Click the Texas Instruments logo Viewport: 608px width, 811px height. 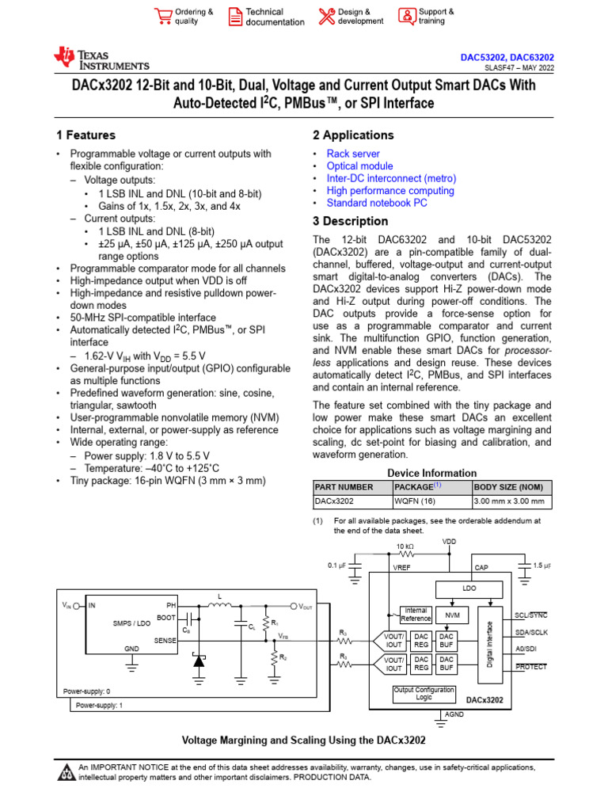(x=101, y=59)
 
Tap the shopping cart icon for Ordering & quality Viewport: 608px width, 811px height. (x=163, y=17)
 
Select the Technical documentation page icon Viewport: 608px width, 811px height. (x=235, y=17)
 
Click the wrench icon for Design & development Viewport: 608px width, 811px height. (x=326, y=17)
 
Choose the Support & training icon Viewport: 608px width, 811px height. (x=406, y=17)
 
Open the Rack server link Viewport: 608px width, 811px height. (x=353, y=154)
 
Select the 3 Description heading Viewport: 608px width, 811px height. (x=351, y=222)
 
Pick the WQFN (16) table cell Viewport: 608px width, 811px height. (x=413, y=501)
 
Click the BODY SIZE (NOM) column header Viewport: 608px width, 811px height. (x=509, y=486)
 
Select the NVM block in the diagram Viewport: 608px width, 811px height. (x=452, y=615)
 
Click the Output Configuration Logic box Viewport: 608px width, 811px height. (x=424, y=694)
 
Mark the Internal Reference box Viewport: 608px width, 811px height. (x=416, y=615)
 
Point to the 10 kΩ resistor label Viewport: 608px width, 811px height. (x=405, y=547)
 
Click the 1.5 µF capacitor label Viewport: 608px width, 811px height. (x=542, y=565)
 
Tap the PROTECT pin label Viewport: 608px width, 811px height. (x=531, y=667)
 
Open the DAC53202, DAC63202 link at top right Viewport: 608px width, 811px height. (x=507, y=58)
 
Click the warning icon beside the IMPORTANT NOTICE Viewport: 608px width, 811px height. (x=66, y=771)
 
